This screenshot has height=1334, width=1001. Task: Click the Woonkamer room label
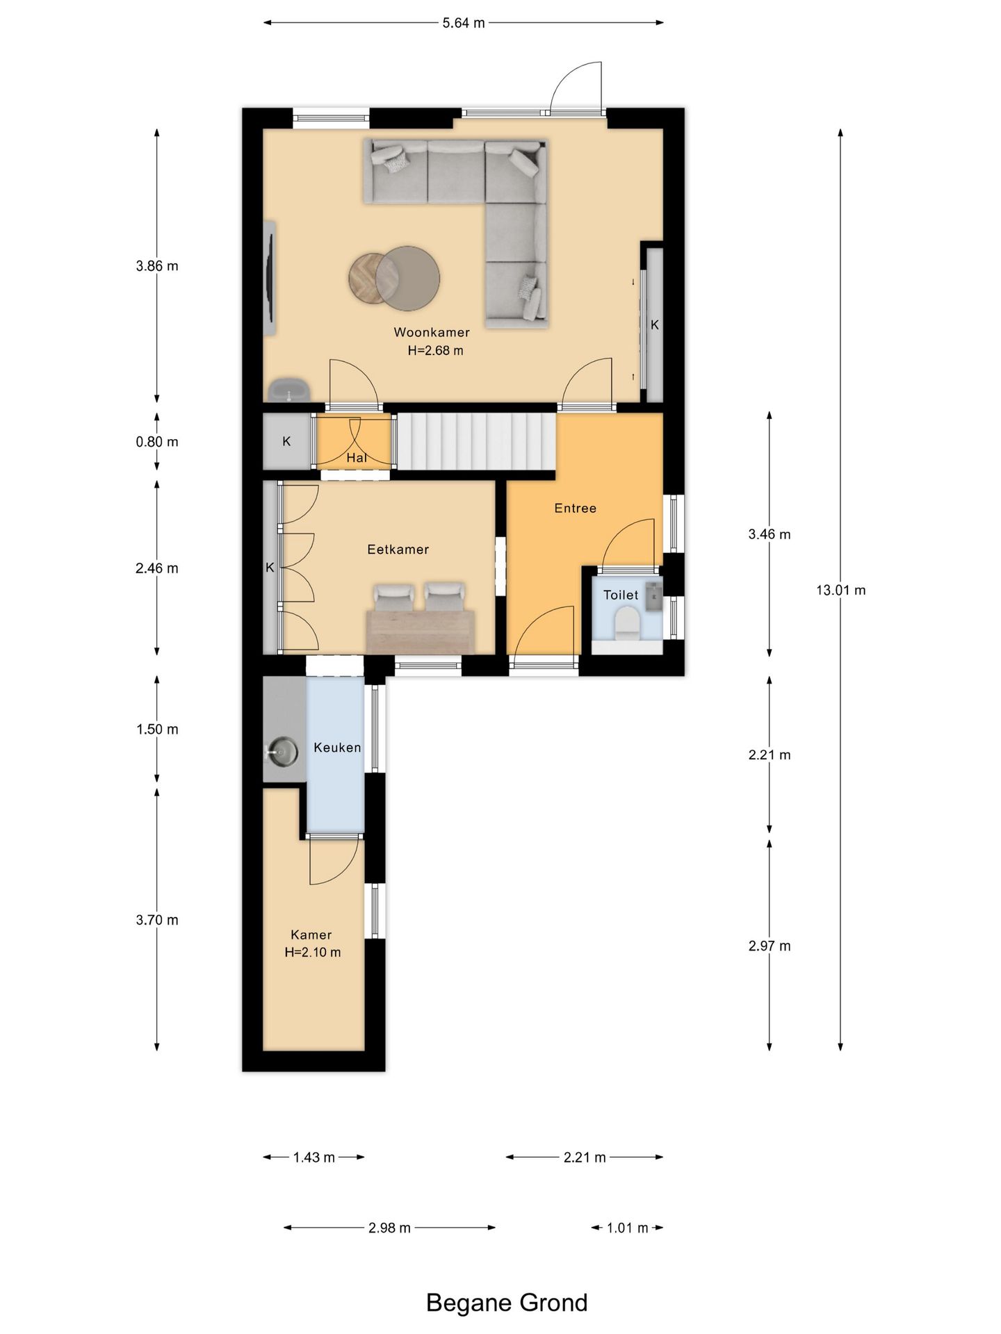pos(432,332)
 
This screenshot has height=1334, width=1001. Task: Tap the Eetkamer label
pos(398,550)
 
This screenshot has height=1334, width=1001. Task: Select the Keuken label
pos(337,748)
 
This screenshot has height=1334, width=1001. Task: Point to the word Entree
pos(575,509)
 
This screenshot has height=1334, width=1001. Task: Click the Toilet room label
pos(621,595)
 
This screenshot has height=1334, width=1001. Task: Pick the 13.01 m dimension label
pos(840,591)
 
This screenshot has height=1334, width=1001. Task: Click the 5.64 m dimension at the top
pos(464,23)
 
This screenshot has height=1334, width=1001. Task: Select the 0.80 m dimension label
pos(157,442)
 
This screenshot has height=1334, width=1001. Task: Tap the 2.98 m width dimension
pos(389,1228)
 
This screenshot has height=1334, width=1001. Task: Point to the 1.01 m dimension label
pos(627,1228)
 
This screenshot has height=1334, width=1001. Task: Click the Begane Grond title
pos(507,1303)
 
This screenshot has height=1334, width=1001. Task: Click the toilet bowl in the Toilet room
pos(628,623)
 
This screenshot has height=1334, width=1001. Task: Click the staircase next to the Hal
pos(476,442)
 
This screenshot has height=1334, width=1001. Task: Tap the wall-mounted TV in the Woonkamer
pos(270,278)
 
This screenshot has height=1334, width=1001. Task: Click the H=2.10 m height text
pos(313,953)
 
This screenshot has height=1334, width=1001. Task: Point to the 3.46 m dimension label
pos(770,534)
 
